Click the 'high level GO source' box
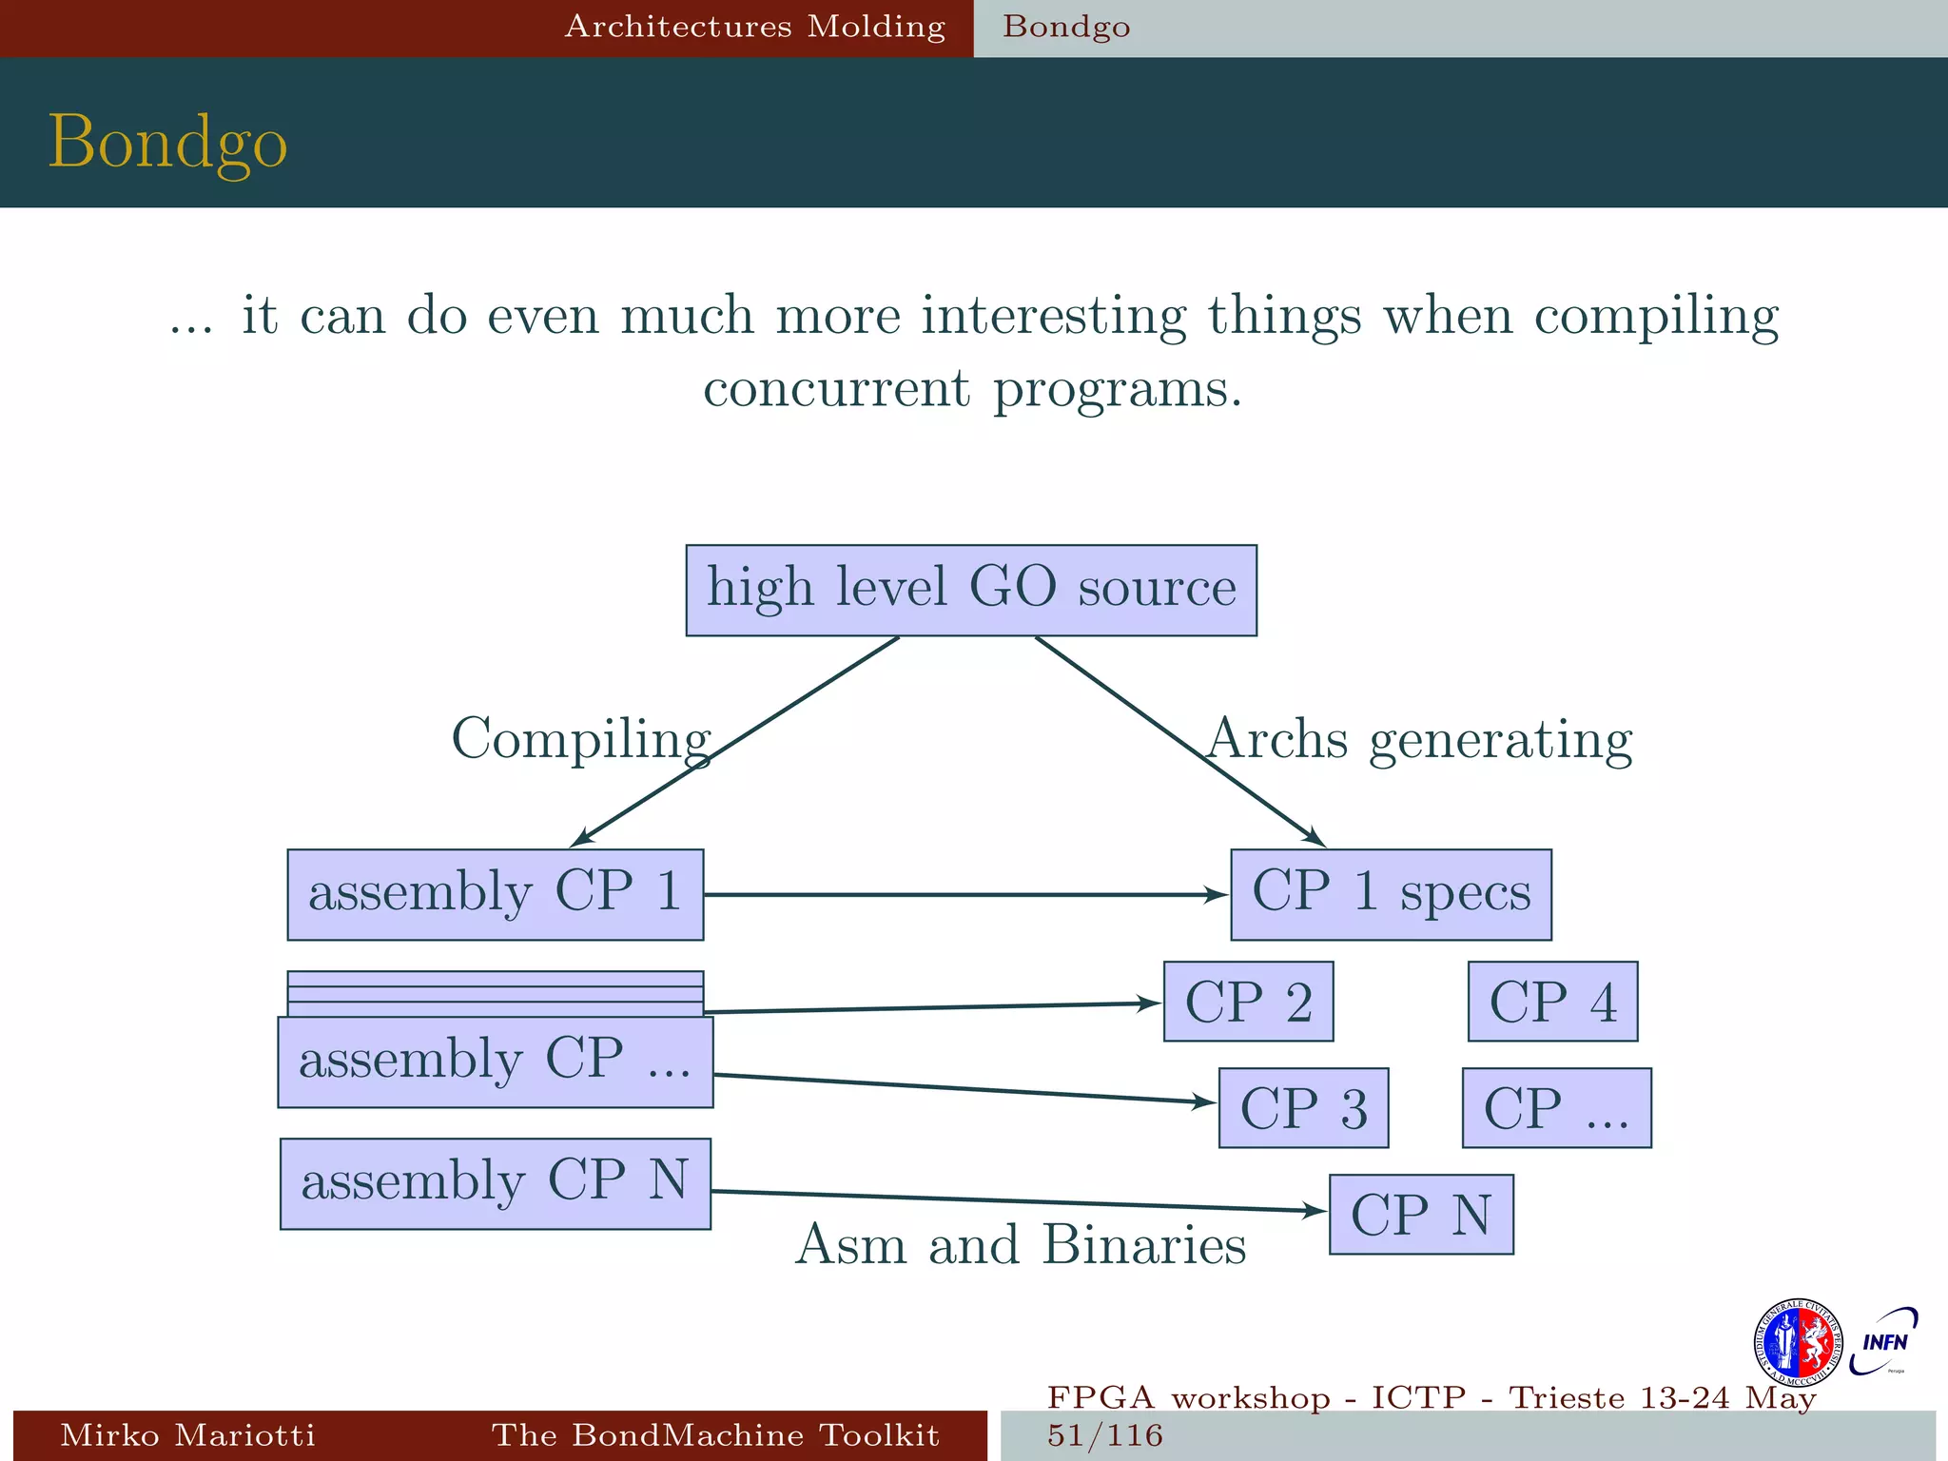tap(971, 590)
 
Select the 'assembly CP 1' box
tap(496, 894)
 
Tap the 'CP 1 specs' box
tap(1391, 894)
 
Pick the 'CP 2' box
tap(1248, 1002)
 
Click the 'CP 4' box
tap(1552, 1002)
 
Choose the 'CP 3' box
tap(1303, 1108)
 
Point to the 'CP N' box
tap(1421, 1215)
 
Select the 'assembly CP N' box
tap(496, 1183)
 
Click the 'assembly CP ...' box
tap(496, 1062)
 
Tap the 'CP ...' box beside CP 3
tap(1556, 1108)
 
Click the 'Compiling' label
tap(580, 739)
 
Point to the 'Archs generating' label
tap(1419, 739)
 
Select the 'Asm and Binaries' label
tap(1020, 1244)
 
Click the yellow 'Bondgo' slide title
tap(167, 141)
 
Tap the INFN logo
tap(1883, 1341)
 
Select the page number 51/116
tap(1105, 1435)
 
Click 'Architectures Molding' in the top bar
tap(755, 27)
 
